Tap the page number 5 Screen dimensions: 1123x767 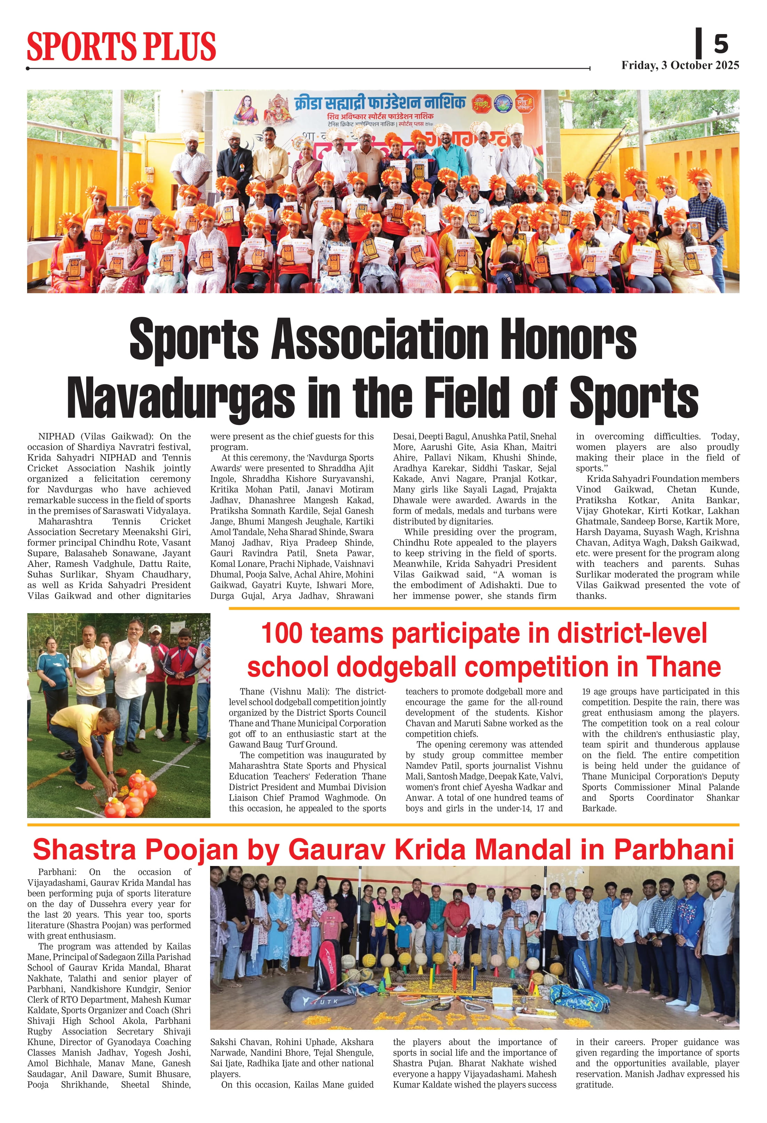(721, 45)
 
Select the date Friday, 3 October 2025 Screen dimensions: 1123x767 (680, 66)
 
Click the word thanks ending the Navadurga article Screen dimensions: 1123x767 (591, 596)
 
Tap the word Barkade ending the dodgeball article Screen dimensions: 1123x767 (599, 808)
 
